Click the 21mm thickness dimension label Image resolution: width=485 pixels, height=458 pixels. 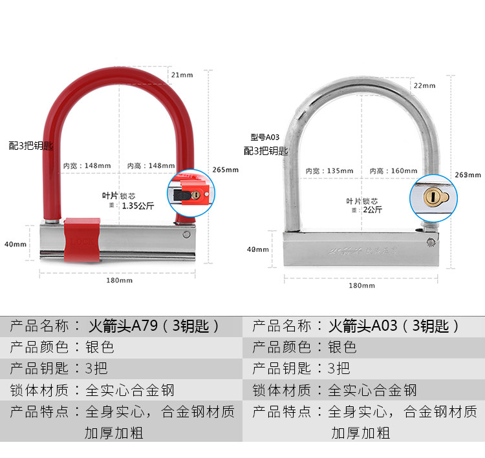pyautogui.click(x=182, y=75)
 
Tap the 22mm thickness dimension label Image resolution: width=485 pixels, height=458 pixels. pyautogui.click(x=424, y=85)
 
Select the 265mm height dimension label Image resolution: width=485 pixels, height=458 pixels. pyautogui.click(x=226, y=170)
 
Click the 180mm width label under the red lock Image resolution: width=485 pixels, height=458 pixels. pyautogui.click(x=120, y=280)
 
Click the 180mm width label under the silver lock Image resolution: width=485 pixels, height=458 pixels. pyautogui.click(x=362, y=285)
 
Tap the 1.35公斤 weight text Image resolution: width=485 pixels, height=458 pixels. pyautogui.click(x=138, y=207)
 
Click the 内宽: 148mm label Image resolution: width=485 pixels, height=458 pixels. pyautogui.click(x=87, y=165)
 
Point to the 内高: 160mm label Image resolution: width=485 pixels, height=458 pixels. pyautogui.click(x=393, y=171)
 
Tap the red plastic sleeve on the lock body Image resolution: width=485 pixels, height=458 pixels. pyautogui.click(x=81, y=240)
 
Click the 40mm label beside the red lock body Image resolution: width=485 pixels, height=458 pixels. pyautogui.click(x=15, y=244)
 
